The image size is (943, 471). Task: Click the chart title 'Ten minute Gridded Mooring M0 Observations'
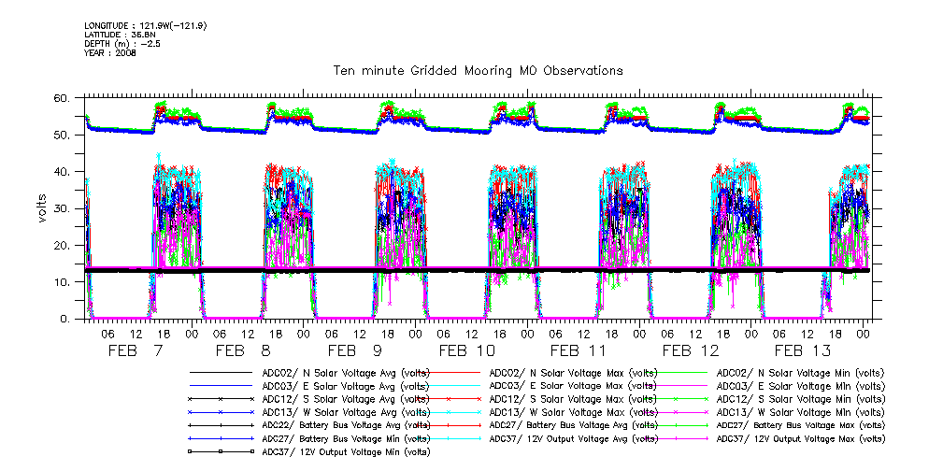(478, 70)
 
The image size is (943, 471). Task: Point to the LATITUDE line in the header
(120, 34)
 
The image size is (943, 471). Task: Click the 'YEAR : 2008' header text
(110, 54)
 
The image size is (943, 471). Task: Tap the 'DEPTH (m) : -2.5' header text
(123, 44)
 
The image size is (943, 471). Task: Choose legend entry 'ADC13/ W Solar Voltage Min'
(799, 411)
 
